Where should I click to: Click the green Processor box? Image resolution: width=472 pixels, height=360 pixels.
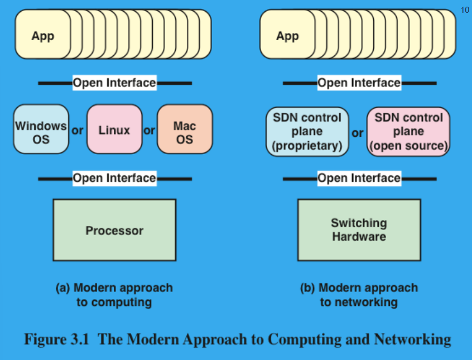(x=114, y=230)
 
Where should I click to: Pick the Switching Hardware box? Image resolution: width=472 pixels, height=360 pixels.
(x=359, y=229)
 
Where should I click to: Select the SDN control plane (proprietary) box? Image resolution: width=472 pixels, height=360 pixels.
(x=306, y=132)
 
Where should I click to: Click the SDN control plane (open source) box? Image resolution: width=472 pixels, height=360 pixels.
(x=408, y=132)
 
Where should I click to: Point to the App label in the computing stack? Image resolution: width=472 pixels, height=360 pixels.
(x=43, y=36)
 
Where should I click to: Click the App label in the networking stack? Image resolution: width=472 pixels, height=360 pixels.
(x=288, y=36)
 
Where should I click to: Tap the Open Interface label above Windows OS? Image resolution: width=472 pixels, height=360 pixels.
(x=114, y=83)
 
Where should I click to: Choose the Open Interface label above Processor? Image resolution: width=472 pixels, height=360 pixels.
(x=114, y=178)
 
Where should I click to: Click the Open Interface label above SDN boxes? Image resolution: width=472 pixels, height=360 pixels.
(x=359, y=83)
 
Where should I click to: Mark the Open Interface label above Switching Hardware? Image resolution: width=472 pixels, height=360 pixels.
(x=359, y=178)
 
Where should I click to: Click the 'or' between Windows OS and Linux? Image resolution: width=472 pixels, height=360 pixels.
(x=78, y=131)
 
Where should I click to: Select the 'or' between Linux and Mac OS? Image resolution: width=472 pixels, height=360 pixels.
(x=149, y=131)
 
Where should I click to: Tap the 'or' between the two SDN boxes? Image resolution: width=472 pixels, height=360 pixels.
(x=357, y=133)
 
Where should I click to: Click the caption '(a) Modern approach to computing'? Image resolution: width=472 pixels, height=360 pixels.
(x=114, y=295)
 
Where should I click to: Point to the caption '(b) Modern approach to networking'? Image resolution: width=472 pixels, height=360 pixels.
(x=359, y=295)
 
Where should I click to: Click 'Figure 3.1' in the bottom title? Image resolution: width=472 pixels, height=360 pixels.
(x=57, y=339)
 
